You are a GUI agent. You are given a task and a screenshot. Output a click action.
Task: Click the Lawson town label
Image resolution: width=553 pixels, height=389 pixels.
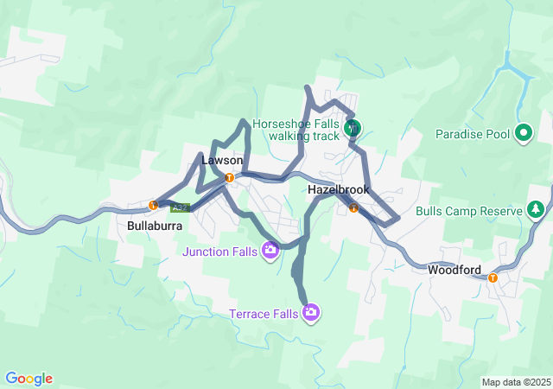pyautogui.click(x=216, y=161)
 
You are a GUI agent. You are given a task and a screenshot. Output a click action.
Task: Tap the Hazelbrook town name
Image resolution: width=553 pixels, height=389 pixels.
pyautogui.click(x=339, y=188)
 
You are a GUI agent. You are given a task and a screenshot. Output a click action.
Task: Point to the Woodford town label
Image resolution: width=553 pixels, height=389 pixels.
pyautogui.click(x=454, y=270)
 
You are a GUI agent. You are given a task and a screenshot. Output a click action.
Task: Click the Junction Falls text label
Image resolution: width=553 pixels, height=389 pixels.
pyautogui.click(x=219, y=252)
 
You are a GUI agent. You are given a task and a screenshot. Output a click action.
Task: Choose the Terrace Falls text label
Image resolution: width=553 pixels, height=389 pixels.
pyautogui.click(x=264, y=313)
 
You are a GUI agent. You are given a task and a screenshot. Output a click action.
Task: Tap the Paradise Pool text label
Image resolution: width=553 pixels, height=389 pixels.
pyautogui.click(x=472, y=134)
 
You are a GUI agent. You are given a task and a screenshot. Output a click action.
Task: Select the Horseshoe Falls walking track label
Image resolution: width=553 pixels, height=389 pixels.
pyautogui.click(x=296, y=129)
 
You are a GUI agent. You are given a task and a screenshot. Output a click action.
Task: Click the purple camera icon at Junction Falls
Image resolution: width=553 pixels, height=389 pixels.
pyautogui.click(x=270, y=251)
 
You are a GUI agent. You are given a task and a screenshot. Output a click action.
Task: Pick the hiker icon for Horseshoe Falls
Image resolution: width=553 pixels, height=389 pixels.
pyautogui.click(x=353, y=129)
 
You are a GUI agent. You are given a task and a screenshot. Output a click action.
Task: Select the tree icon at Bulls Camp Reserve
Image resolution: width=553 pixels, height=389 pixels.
pyautogui.click(x=537, y=210)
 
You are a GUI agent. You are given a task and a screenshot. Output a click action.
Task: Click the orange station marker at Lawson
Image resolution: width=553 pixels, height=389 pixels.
pyautogui.click(x=229, y=178)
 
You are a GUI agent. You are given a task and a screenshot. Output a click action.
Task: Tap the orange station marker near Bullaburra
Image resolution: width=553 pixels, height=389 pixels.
pyautogui.click(x=153, y=206)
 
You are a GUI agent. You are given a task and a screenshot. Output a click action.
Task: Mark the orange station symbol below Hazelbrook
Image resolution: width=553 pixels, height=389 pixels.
pyautogui.click(x=353, y=207)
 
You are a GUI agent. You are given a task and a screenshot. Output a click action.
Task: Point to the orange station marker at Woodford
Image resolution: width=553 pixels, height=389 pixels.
pyautogui.click(x=493, y=278)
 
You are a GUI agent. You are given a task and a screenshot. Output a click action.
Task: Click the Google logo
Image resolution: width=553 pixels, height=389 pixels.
pyautogui.click(x=29, y=379)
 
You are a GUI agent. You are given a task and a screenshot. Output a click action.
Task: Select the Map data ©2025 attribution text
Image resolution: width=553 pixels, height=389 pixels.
pyautogui.click(x=515, y=382)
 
